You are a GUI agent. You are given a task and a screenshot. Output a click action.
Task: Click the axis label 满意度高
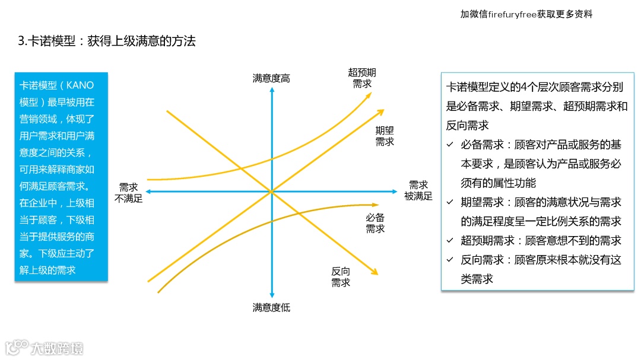click(x=271, y=78)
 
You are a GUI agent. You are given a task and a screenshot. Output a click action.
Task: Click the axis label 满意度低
click(x=271, y=307)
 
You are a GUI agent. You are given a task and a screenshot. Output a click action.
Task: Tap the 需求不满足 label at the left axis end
click(x=131, y=192)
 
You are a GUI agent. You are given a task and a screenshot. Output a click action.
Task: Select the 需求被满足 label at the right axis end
click(x=418, y=190)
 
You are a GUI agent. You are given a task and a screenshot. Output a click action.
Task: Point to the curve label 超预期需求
click(x=362, y=78)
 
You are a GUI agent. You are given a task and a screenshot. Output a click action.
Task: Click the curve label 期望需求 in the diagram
click(x=385, y=136)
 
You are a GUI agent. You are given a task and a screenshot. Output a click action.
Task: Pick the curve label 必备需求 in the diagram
click(x=375, y=223)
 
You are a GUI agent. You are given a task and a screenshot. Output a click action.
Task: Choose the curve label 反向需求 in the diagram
click(x=341, y=277)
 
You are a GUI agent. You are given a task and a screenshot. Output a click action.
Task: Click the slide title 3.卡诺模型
click(x=107, y=42)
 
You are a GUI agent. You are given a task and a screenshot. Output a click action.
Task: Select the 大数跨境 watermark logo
click(x=45, y=347)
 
